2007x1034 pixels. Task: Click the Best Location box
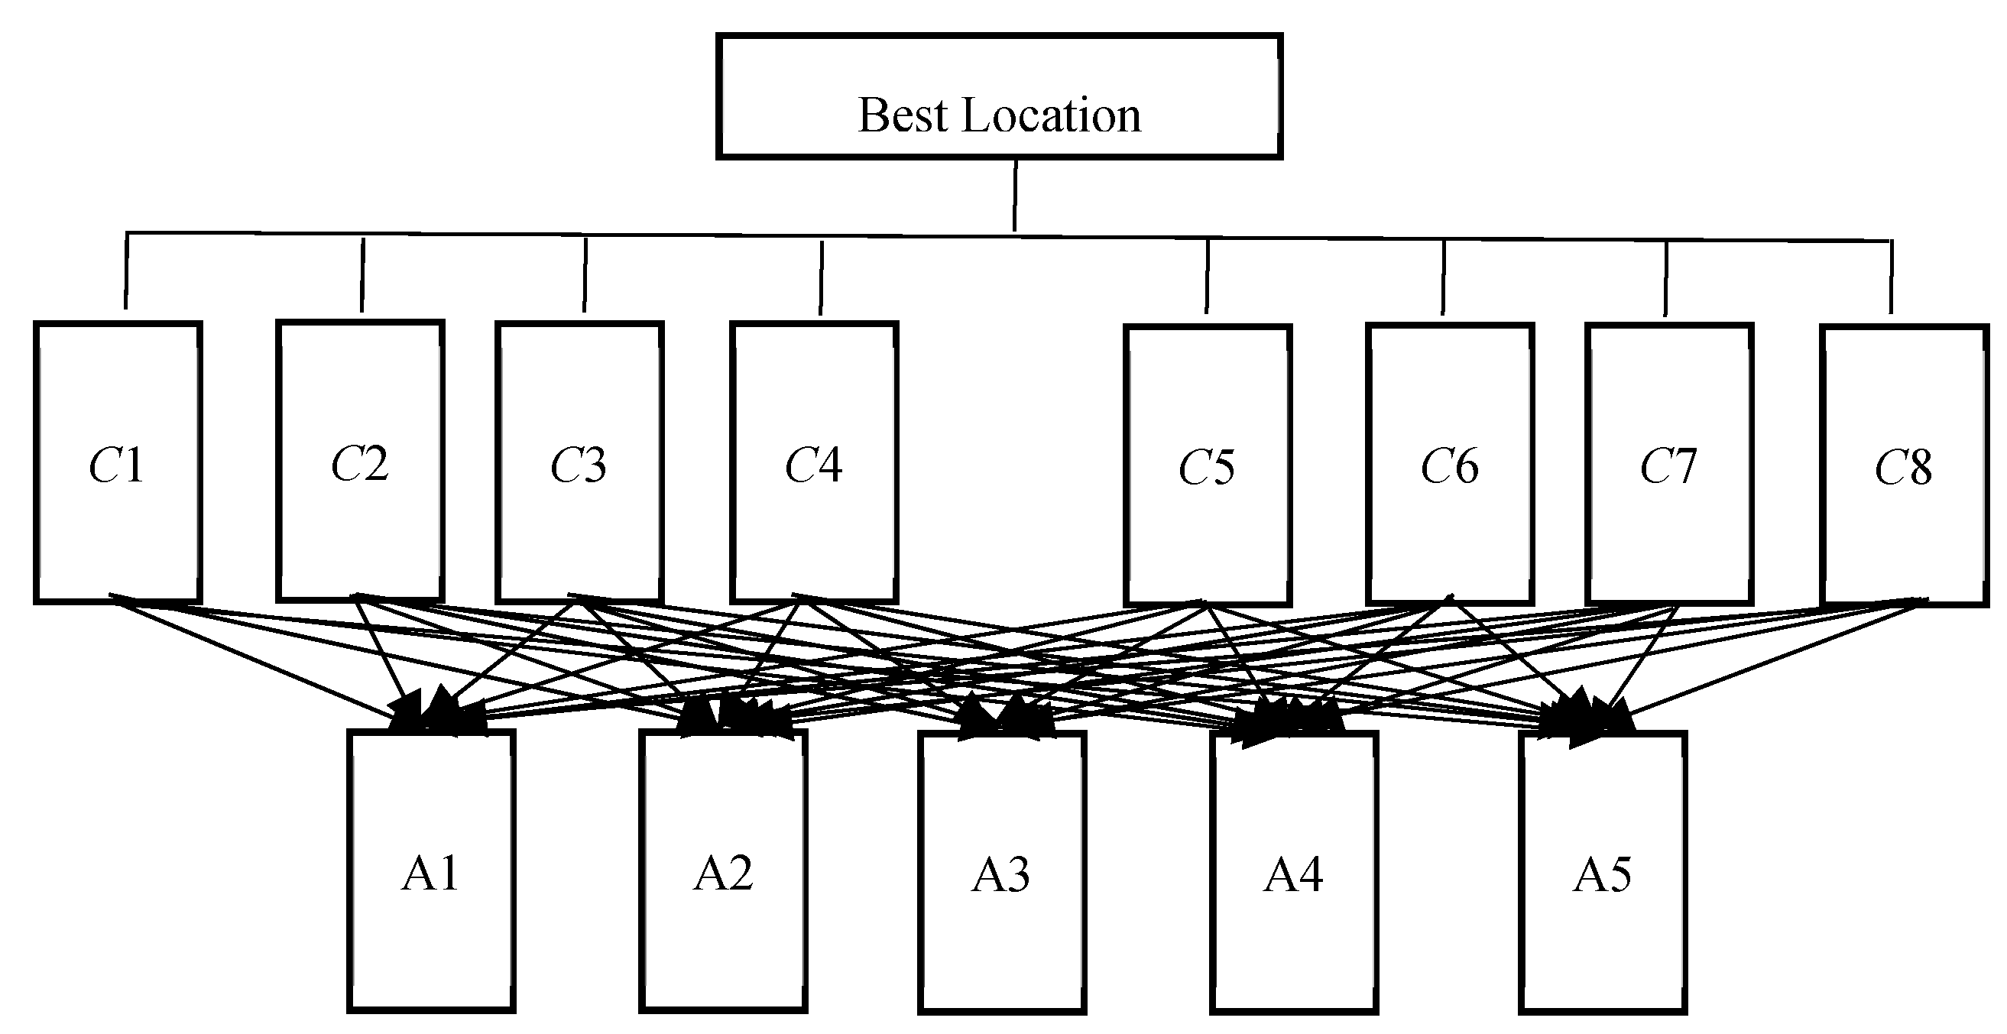pos(999,96)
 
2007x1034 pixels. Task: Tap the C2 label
pos(360,464)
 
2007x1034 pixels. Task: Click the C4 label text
pos(813,466)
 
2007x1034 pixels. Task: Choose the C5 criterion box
pos(1208,465)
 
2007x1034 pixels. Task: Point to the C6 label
pos(1449,467)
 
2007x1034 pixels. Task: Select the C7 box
pos(1669,465)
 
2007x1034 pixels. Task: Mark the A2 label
pos(723,873)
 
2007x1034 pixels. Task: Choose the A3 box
pos(1001,872)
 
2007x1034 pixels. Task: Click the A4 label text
pos(1293,874)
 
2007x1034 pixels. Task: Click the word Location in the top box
pos(1051,116)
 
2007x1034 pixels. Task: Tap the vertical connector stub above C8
pos(1891,277)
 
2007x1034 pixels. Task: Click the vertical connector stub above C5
pos(1208,277)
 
